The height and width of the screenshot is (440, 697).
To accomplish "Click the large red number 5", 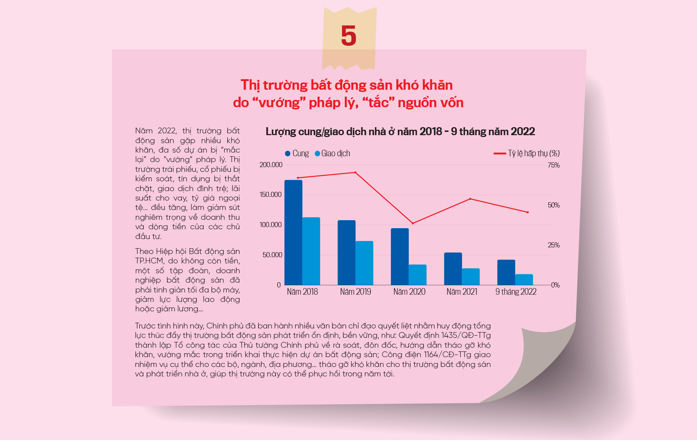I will point(348,36).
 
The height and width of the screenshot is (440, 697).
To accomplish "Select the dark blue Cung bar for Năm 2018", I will point(293,233).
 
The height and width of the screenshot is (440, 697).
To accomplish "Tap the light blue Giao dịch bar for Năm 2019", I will point(364,263).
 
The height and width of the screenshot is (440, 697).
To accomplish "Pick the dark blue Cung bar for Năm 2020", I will point(400,257).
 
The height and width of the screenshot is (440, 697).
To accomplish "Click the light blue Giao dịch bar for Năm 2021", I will point(470,276).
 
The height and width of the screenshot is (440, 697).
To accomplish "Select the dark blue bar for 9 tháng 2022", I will point(506,272).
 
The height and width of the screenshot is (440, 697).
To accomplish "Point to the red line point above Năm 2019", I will point(355,173).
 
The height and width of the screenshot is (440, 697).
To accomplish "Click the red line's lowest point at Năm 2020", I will point(413,223).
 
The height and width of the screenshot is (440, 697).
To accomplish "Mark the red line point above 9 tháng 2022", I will point(527,212).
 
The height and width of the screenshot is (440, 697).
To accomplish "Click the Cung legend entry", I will point(297,153).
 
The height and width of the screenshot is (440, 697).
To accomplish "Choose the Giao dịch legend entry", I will point(333,153).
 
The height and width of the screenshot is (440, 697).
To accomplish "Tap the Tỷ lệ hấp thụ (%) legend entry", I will point(527,153).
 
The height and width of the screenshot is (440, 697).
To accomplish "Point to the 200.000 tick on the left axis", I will point(271,165).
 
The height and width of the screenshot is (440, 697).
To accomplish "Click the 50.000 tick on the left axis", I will point(272,255).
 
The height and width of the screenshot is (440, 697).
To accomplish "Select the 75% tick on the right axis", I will point(554,165).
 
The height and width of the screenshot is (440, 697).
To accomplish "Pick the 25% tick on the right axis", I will point(554,245).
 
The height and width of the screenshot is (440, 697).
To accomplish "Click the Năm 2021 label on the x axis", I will point(462,292).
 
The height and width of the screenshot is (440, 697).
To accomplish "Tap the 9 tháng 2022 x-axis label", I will point(516,292).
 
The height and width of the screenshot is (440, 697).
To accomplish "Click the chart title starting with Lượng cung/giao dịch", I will point(400,132).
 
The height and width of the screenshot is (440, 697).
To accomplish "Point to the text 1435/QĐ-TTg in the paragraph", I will point(466,335).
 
